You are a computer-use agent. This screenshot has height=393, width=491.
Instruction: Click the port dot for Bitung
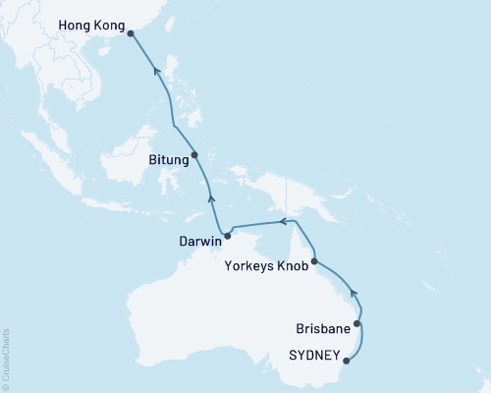click(x=194, y=154)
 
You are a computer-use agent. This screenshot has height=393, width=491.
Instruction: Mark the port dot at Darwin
click(x=227, y=235)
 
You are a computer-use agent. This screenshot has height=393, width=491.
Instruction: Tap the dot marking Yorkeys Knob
click(x=314, y=262)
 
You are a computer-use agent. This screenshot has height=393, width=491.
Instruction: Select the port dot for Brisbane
click(x=357, y=323)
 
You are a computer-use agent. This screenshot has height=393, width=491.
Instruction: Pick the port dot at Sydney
click(x=347, y=361)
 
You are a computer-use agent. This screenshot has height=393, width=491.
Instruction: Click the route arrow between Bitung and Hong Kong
click(x=153, y=69)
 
